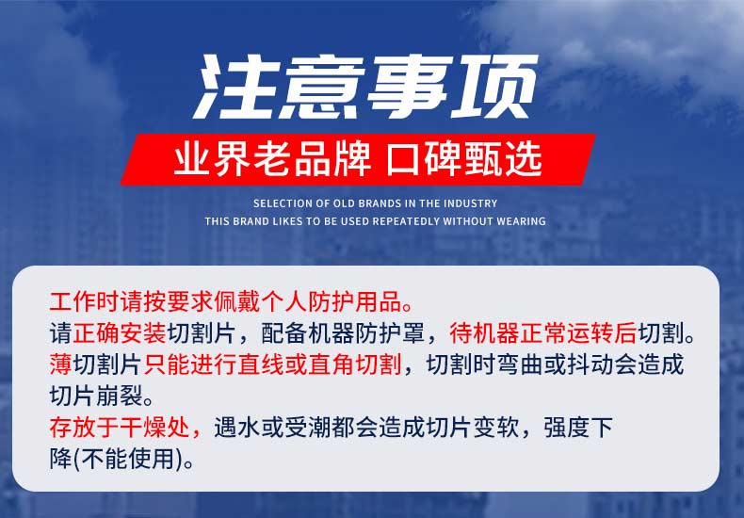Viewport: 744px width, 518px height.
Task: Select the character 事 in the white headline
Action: point(409,87)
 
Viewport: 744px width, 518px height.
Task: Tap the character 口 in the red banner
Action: point(404,159)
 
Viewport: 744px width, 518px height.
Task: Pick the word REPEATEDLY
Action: point(406,221)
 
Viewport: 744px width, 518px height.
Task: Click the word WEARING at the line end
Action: point(521,221)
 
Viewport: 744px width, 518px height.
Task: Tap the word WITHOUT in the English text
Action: point(468,221)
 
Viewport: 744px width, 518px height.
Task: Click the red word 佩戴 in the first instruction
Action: point(237,302)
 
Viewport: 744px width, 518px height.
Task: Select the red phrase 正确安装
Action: point(119,333)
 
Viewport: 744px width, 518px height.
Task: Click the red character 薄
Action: point(60,364)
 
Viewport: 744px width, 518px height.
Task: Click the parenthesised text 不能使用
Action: point(128,459)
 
